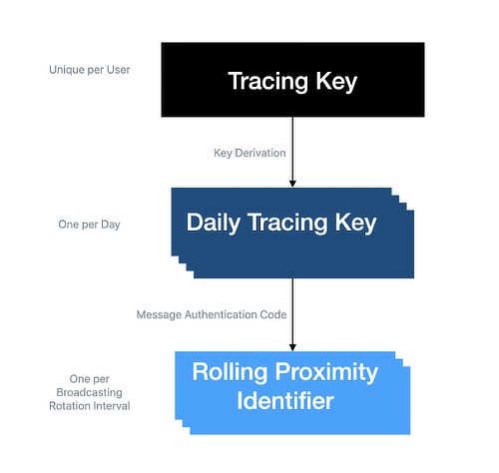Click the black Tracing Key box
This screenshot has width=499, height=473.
click(x=291, y=80)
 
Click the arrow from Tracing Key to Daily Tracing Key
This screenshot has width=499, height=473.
click(x=292, y=150)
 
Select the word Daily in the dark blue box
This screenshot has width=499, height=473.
click(x=214, y=223)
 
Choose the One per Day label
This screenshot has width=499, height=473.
click(x=89, y=225)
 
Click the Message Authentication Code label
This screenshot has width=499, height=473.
click(x=212, y=314)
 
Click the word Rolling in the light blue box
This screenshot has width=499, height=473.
click(x=232, y=373)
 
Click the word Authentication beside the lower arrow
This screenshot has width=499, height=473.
click(x=229, y=314)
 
